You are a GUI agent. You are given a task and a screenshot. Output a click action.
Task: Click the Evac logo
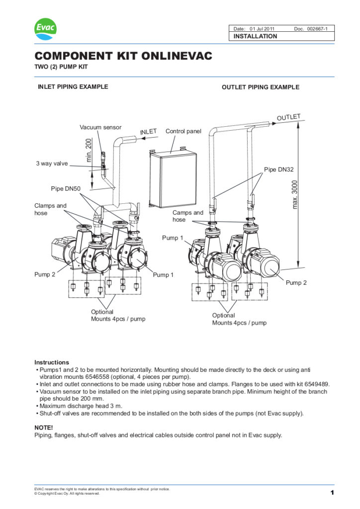click(x=45, y=29)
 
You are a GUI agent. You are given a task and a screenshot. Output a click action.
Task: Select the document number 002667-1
click(x=321, y=29)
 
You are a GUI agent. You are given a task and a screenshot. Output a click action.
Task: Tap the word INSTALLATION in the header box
click(x=256, y=36)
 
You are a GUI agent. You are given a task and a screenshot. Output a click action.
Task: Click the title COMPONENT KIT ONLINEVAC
click(x=123, y=56)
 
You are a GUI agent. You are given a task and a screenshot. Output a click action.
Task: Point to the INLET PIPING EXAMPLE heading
click(x=73, y=86)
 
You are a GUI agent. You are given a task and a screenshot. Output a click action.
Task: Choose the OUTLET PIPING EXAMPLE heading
click(x=260, y=87)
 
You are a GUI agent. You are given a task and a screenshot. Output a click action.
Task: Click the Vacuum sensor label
click(x=100, y=128)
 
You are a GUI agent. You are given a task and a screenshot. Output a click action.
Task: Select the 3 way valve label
click(x=52, y=163)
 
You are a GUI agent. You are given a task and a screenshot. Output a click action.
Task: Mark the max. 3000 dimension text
click(x=295, y=194)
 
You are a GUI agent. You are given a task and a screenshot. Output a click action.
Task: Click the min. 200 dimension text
click(x=90, y=150)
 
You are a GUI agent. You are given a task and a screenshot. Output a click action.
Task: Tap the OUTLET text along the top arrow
click(x=289, y=118)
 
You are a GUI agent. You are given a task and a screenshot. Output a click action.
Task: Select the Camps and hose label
click(x=188, y=216)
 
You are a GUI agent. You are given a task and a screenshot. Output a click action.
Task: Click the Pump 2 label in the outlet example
click(x=296, y=282)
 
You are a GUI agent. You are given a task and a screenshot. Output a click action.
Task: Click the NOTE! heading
click(x=44, y=427)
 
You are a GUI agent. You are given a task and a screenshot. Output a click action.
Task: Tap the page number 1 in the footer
click(x=332, y=493)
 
